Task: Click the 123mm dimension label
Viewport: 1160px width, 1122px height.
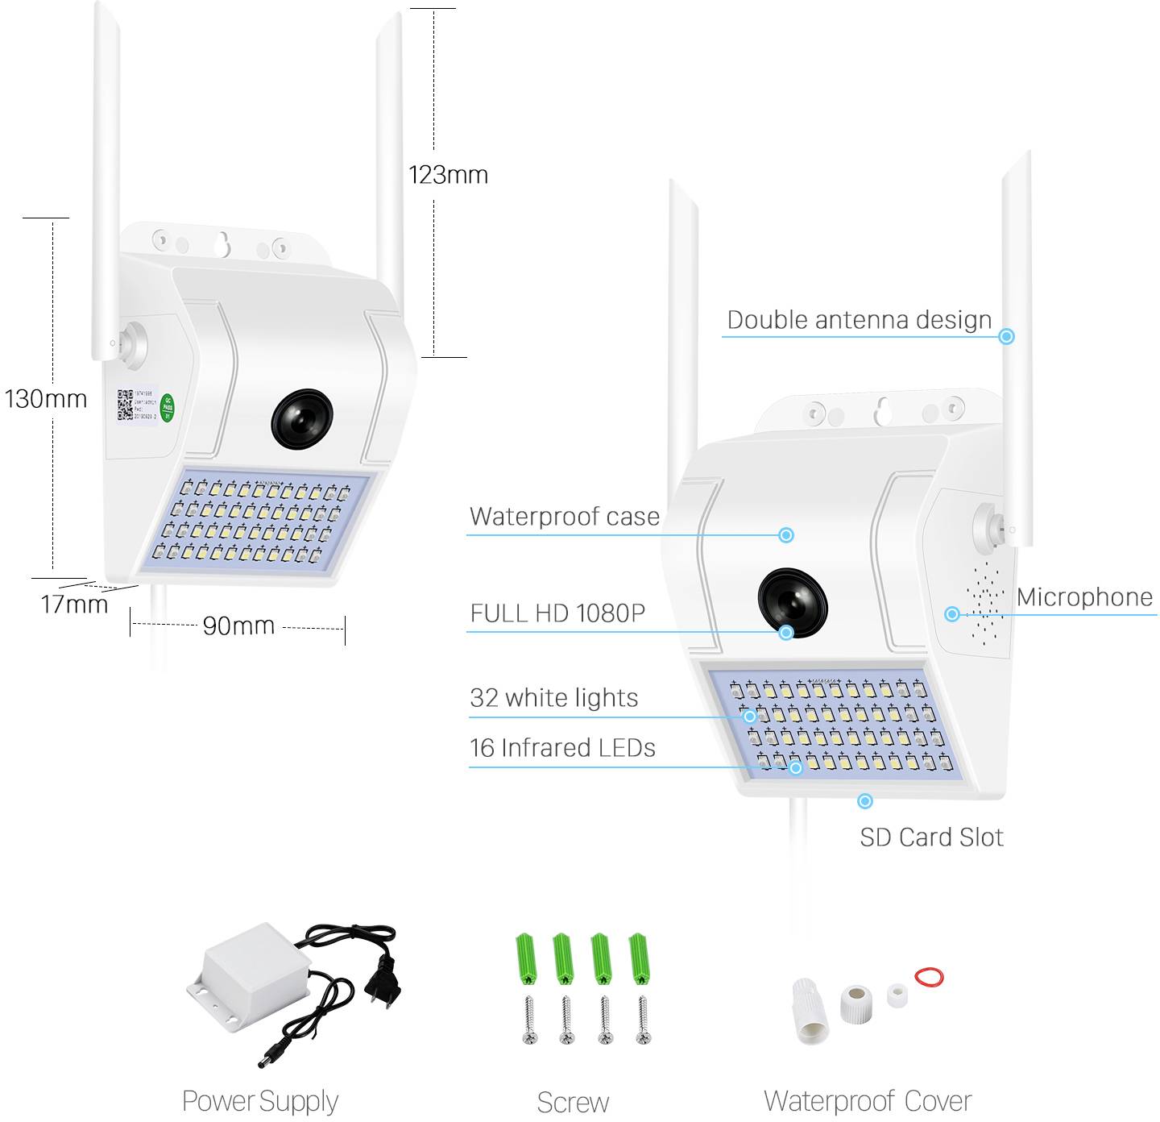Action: point(448,175)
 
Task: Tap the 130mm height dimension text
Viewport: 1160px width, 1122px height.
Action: point(46,398)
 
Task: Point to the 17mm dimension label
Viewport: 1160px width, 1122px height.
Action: point(74,604)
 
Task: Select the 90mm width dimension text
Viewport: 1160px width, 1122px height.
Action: point(238,625)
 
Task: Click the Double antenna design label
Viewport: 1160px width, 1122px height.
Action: point(859,320)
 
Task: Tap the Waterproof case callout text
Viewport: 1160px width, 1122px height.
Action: point(565,517)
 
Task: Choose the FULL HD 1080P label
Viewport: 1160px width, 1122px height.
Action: point(557,613)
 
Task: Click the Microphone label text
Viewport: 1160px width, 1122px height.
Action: point(1084,597)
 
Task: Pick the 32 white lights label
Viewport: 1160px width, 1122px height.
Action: point(553,698)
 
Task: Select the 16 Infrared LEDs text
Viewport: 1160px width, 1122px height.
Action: point(562,748)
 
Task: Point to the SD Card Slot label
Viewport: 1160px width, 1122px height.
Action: point(931,837)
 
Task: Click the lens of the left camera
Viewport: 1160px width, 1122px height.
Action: point(302,419)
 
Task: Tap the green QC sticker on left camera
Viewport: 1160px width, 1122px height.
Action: point(168,408)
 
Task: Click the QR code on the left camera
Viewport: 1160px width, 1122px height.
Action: point(125,405)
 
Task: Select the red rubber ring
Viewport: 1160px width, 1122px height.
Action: point(929,977)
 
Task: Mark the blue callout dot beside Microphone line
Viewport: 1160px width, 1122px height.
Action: point(952,614)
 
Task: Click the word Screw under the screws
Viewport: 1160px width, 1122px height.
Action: point(573,1102)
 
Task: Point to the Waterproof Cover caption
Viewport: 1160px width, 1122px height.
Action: point(868,1101)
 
